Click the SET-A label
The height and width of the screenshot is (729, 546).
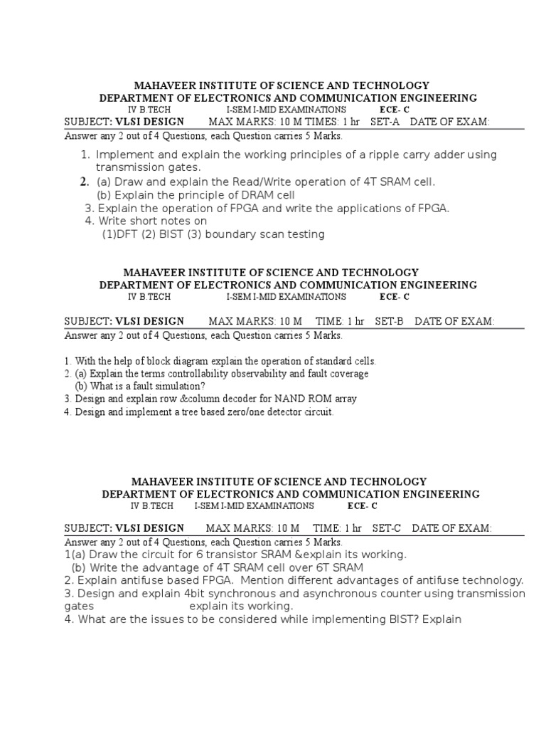click(x=385, y=122)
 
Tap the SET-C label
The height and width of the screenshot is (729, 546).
click(x=387, y=528)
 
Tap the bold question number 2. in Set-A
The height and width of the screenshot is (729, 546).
click(x=84, y=182)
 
